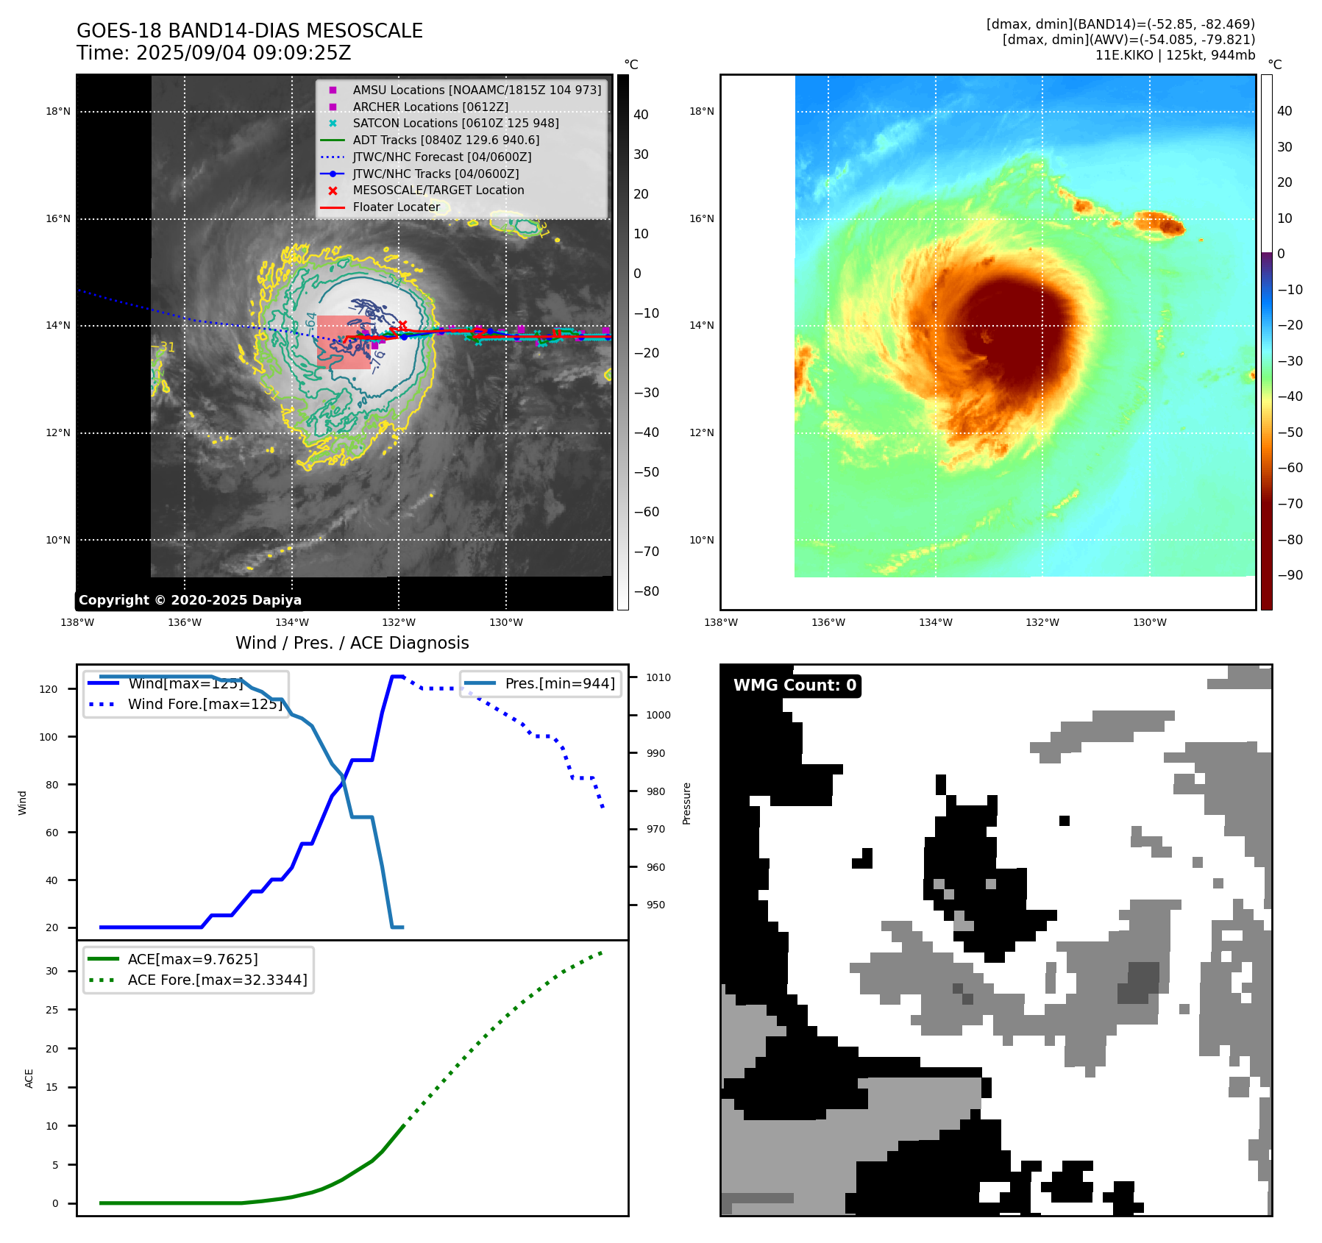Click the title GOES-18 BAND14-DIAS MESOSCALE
tap(249, 31)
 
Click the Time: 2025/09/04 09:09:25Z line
tap(213, 53)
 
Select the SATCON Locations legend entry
tap(455, 124)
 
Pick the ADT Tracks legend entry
tap(446, 140)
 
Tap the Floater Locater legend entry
tap(396, 207)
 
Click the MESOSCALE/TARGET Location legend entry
tap(438, 190)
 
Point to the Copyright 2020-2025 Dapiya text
tap(190, 600)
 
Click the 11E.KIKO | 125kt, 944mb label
tap(1175, 55)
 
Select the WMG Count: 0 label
tap(795, 685)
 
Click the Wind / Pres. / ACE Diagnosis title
tap(352, 643)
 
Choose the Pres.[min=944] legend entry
tap(560, 683)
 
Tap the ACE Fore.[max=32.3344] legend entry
tap(217, 980)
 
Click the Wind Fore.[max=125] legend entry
tap(205, 704)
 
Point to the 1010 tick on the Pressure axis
tap(658, 677)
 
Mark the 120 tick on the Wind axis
tap(49, 689)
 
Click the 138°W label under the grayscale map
tap(77, 622)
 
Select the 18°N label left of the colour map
tap(701, 112)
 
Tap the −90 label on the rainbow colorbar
tap(1290, 575)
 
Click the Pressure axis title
tap(686, 803)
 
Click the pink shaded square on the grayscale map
tap(343, 342)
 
